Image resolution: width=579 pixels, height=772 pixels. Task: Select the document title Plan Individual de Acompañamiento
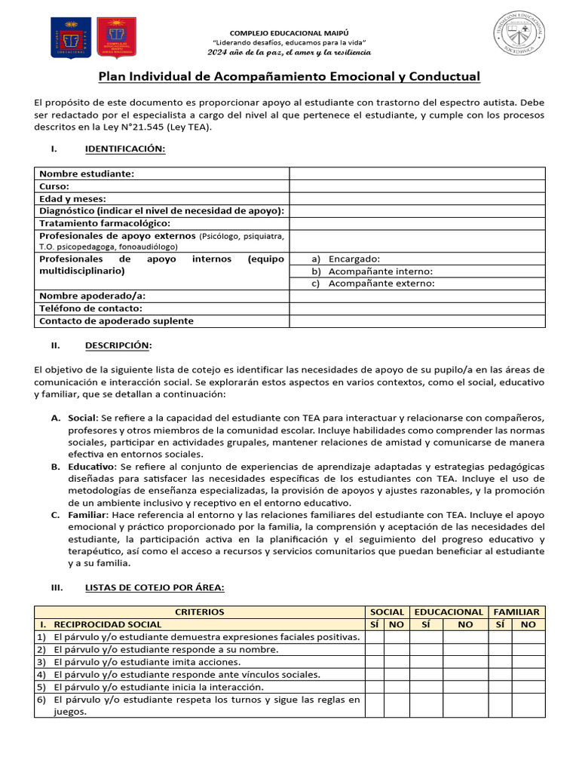pyautogui.click(x=289, y=77)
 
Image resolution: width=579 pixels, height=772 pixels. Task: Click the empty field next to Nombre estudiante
pyautogui.click(x=417, y=174)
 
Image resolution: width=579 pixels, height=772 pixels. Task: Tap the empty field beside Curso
pyautogui.click(x=417, y=186)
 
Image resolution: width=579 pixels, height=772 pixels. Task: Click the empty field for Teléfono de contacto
pyautogui.click(x=417, y=308)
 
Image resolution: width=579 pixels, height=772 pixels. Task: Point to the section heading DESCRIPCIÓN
pyautogui.click(x=118, y=345)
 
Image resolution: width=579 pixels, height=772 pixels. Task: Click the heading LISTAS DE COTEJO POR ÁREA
pyautogui.click(x=155, y=587)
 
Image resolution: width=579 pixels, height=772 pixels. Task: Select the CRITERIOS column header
pyautogui.click(x=199, y=612)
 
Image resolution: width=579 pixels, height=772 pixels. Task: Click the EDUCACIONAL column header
pyautogui.click(x=449, y=612)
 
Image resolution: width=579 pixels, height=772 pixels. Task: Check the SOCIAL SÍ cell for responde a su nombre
pyautogui.click(x=374, y=649)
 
